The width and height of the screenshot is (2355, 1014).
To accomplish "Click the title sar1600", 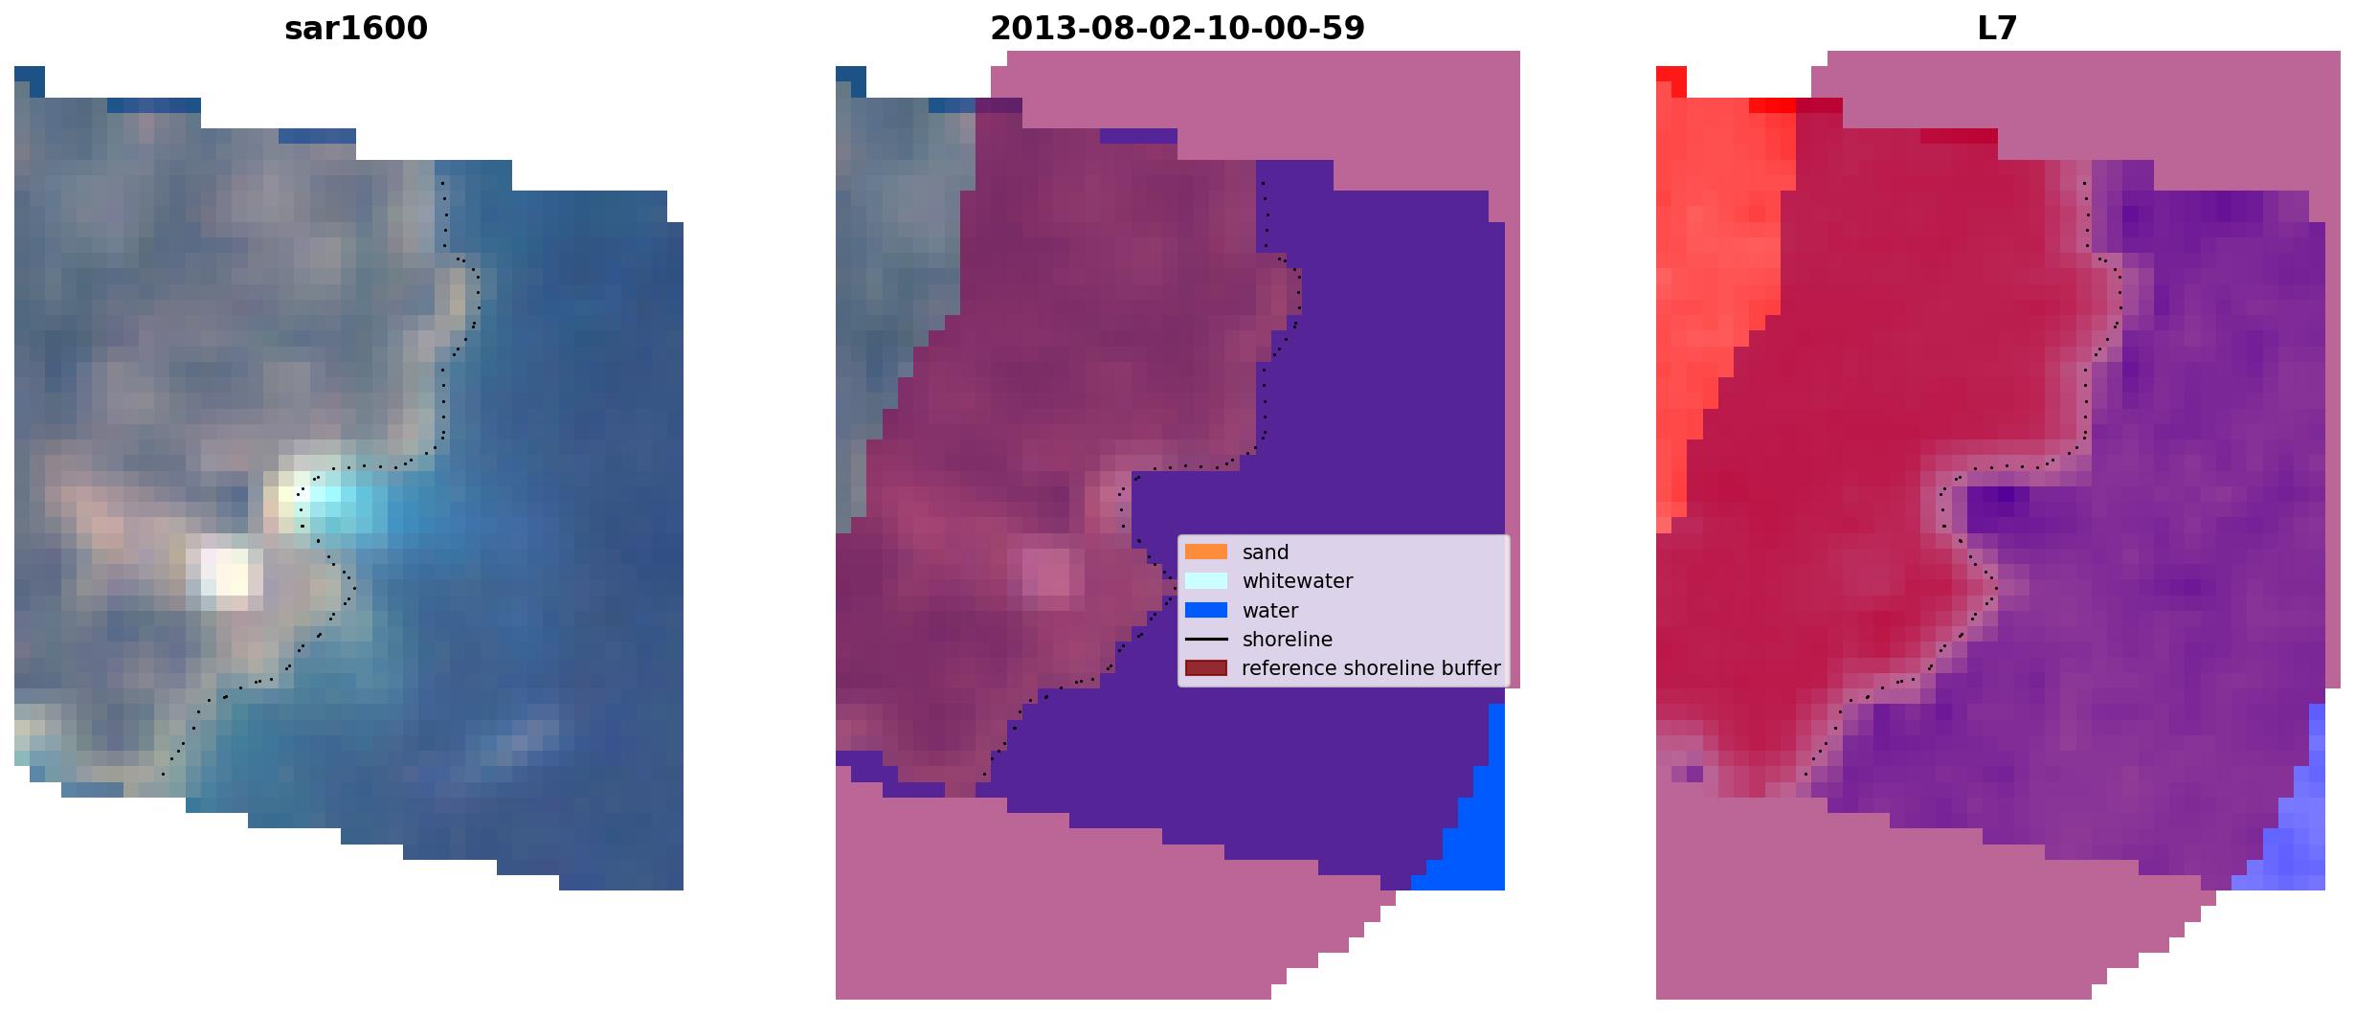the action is coord(356,29).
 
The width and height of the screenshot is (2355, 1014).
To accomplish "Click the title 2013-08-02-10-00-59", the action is coord(1177,29).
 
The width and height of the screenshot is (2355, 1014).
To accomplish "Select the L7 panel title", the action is coord(1997,29).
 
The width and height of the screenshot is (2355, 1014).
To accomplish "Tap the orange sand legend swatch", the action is coord(1206,552).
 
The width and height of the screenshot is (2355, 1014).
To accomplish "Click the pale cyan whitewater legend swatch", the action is coord(1206,580).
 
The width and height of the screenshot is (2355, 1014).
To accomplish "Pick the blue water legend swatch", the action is coord(1206,610).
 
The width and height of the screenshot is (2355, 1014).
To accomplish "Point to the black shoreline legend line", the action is coord(1206,639).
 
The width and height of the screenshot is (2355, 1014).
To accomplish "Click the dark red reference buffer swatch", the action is coord(1206,667).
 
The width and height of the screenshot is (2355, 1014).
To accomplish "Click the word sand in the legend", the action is coord(1266,552).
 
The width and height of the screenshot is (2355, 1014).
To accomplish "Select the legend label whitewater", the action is coord(1297,581).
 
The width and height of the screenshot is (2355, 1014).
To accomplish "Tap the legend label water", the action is coord(1270,611).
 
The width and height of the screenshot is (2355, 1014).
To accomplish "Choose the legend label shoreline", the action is coord(1288,640).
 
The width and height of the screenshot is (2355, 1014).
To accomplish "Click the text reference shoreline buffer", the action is coord(1371,668).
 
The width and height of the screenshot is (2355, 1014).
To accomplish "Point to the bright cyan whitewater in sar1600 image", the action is coord(335,503).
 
